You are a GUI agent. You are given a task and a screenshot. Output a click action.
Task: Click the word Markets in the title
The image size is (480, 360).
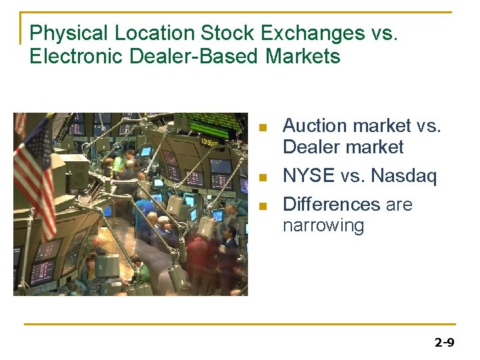[303, 57]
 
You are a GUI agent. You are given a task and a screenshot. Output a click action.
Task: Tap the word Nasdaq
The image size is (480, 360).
[404, 176]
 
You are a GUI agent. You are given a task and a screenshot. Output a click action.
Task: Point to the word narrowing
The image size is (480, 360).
[323, 225]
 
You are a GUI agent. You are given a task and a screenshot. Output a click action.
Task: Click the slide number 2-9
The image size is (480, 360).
[444, 343]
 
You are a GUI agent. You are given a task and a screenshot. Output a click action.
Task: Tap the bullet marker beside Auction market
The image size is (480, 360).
[263, 127]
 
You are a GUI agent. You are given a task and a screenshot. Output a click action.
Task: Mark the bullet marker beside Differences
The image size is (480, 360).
[263, 206]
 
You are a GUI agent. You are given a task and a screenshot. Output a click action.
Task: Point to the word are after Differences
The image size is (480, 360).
[399, 204]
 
